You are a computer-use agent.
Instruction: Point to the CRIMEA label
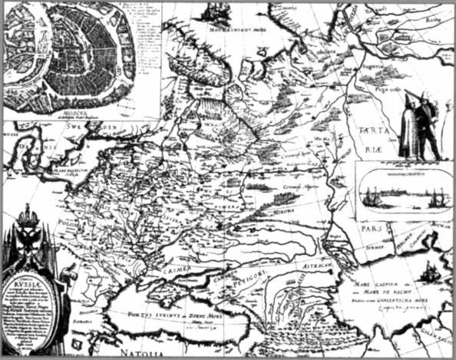pos(176,271)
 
